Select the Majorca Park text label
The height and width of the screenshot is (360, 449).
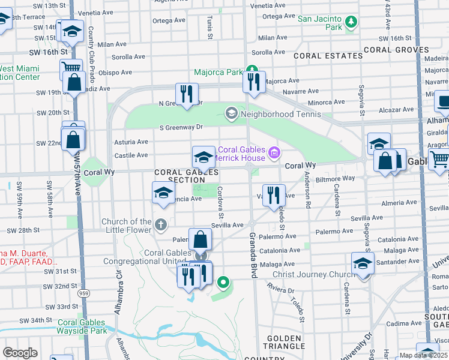click(x=218, y=73)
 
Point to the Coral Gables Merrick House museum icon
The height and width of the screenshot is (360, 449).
click(x=274, y=153)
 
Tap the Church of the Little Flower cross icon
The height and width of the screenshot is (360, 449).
click(x=160, y=225)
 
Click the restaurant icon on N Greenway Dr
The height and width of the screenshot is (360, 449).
click(x=187, y=94)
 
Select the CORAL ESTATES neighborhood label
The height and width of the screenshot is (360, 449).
click(x=328, y=56)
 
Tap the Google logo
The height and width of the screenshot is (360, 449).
click(x=20, y=353)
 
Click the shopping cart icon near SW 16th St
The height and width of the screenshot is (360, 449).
click(x=71, y=68)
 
